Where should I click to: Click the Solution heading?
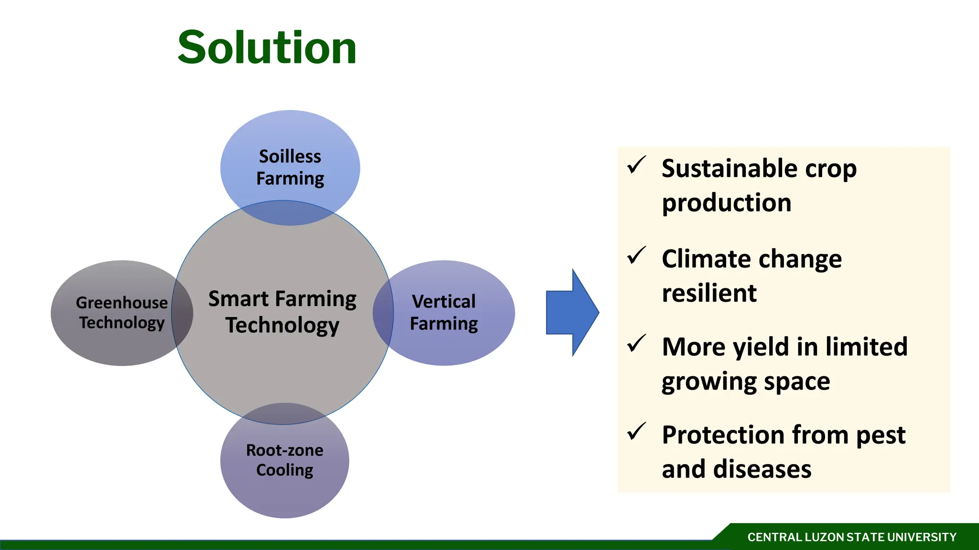[x=267, y=48]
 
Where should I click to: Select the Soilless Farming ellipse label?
[x=290, y=168]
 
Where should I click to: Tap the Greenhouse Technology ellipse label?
[x=122, y=313]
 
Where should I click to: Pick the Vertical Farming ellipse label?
[x=444, y=313]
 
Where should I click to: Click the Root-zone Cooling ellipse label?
[x=284, y=460]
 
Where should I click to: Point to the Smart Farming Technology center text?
[x=282, y=312]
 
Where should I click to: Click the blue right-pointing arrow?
[x=572, y=312]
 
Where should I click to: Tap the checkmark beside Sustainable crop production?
[x=636, y=165]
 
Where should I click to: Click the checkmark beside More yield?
[x=636, y=344]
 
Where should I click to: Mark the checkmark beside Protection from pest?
[x=636, y=432]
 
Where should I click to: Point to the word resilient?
[x=709, y=293]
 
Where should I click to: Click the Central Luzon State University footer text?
[x=852, y=538]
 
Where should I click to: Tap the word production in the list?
[x=727, y=203]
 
